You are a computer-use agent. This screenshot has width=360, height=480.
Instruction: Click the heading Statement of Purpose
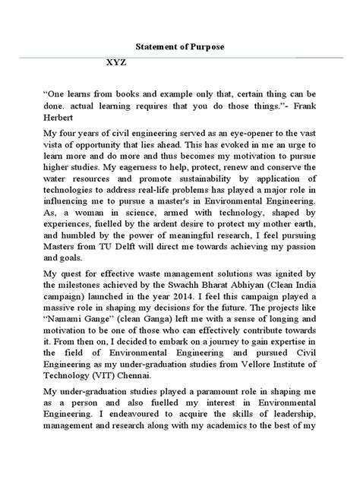[180, 46]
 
